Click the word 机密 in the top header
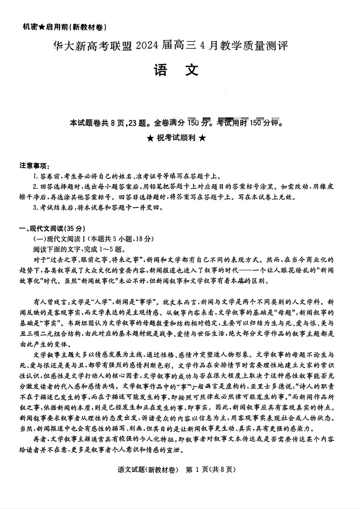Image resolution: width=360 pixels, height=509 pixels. click(x=30, y=27)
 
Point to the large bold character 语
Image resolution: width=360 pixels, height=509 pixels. click(x=161, y=70)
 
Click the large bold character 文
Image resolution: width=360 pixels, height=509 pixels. click(x=192, y=70)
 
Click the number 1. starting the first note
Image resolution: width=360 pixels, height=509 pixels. click(x=35, y=176)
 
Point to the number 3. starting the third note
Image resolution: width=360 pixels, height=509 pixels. click(x=35, y=208)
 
